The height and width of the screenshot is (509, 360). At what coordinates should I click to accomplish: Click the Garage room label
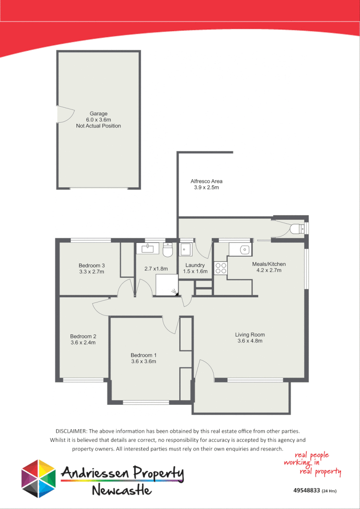click(98, 113)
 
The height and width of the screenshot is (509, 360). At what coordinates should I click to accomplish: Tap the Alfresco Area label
click(206, 181)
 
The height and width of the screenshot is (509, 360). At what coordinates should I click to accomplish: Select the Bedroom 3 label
click(92, 266)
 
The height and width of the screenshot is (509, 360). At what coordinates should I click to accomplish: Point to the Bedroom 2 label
click(83, 336)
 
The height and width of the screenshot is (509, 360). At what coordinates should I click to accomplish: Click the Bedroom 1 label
click(144, 355)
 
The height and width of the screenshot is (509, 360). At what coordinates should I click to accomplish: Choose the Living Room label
click(249, 335)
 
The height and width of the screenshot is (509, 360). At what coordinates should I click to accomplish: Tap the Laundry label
click(195, 265)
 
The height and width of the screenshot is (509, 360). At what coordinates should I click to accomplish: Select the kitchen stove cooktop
click(221, 267)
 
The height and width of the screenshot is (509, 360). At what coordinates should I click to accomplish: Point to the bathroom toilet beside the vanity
click(168, 250)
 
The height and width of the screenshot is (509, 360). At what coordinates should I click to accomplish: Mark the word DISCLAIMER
click(72, 431)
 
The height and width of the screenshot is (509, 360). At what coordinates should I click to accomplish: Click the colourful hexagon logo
click(39, 478)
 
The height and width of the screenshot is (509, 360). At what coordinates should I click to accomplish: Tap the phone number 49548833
click(307, 491)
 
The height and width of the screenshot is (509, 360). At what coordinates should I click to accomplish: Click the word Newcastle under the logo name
click(122, 490)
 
